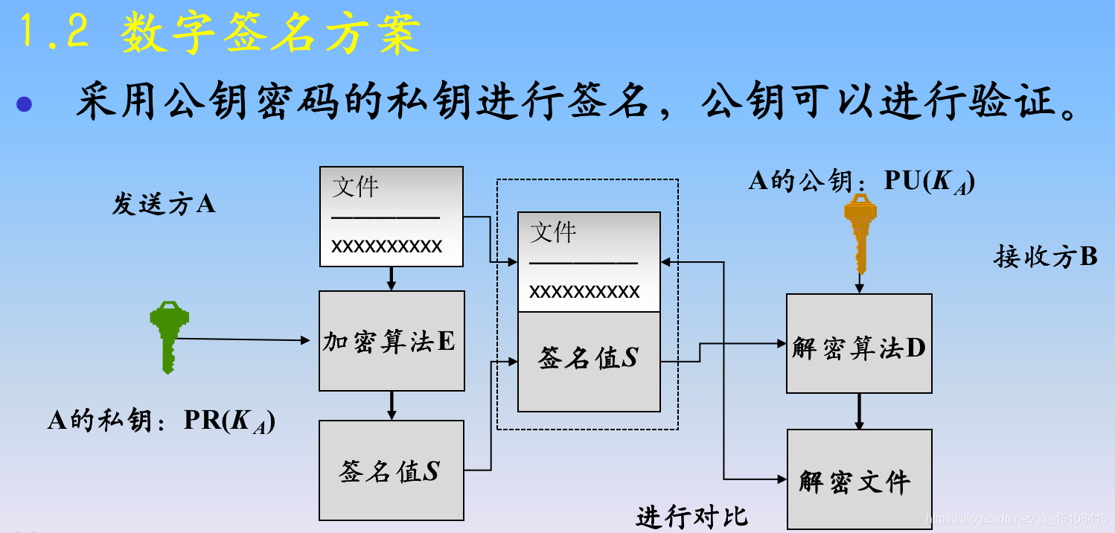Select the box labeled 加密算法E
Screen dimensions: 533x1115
[x=392, y=341]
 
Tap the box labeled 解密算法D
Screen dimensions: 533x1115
[x=859, y=344]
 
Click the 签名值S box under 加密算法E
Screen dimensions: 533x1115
[x=392, y=470]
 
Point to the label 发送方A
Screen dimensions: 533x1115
[x=163, y=204]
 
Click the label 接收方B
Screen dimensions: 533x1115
[x=1045, y=257]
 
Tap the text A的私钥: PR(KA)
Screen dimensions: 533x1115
[x=162, y=421]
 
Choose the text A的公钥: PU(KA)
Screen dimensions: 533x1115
[x=861, y=181]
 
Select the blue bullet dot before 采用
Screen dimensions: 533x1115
[x=25, y=103]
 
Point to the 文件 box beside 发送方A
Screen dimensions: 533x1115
[x=392, y=217]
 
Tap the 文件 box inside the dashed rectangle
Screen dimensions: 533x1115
[x=588, y=261]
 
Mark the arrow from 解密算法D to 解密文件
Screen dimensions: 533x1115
[x=859, y=411]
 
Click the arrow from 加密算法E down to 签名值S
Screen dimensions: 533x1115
[x=392, y=405]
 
